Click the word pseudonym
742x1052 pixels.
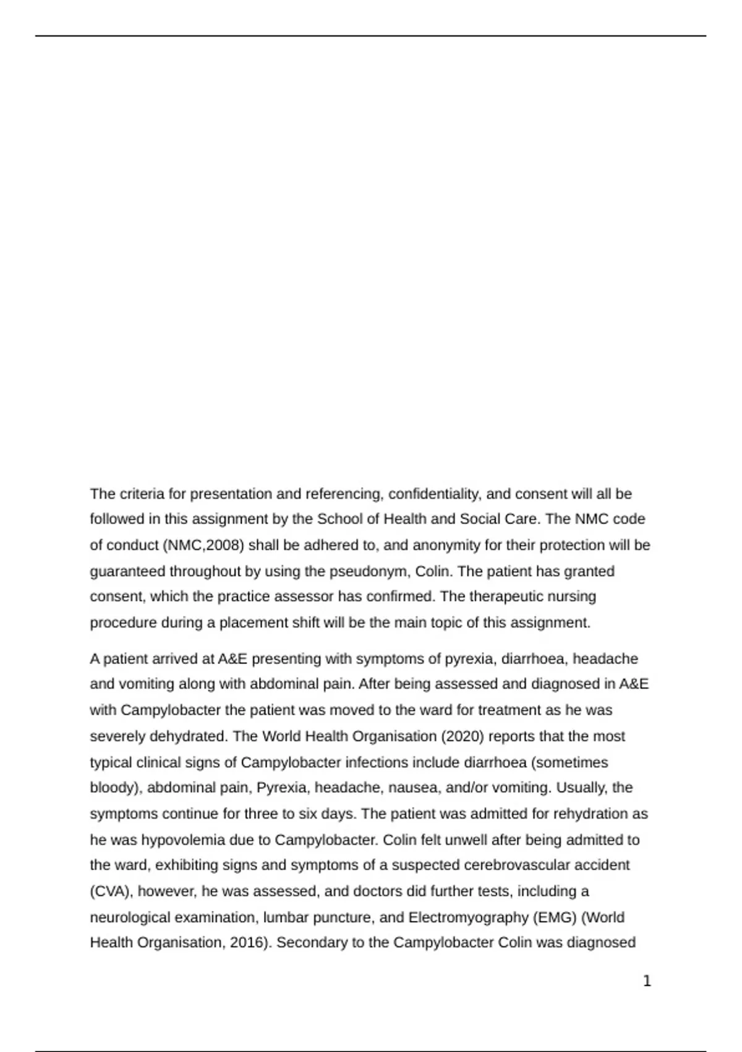tap(369, 571)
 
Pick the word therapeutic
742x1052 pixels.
tap(508, 597)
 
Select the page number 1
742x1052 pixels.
tap(647, 981)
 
